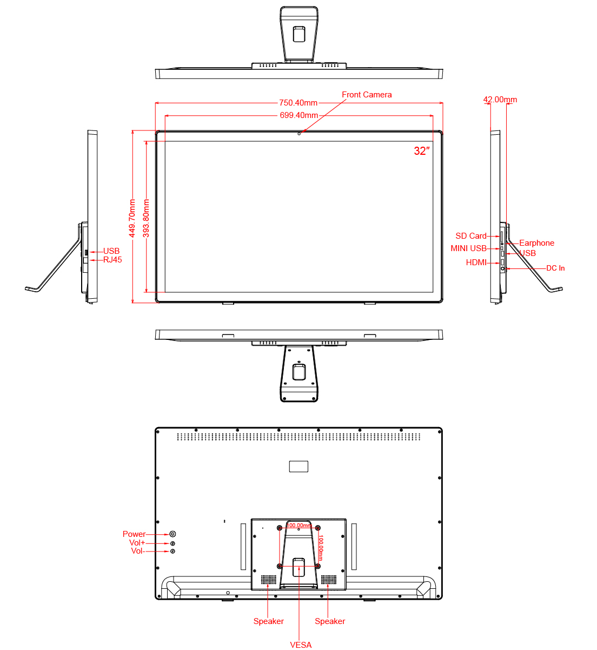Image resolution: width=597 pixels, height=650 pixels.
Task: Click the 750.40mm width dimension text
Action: (298, 103)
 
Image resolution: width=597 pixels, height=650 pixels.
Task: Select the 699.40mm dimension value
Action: (299, 115)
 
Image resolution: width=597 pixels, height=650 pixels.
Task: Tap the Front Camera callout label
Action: (367, 95)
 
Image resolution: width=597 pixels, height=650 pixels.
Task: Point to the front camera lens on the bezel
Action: (299, 134)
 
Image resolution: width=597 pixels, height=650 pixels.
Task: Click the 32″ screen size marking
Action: (422, 151)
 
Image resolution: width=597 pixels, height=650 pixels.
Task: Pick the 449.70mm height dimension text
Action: (132, 219)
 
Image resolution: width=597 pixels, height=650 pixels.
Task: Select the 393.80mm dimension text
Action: (146, 219)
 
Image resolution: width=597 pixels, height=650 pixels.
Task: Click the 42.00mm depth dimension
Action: (500, 100)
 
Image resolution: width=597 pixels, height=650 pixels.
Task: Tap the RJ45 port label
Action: (112, 260)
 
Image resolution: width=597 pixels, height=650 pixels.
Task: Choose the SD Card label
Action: (471, 236)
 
